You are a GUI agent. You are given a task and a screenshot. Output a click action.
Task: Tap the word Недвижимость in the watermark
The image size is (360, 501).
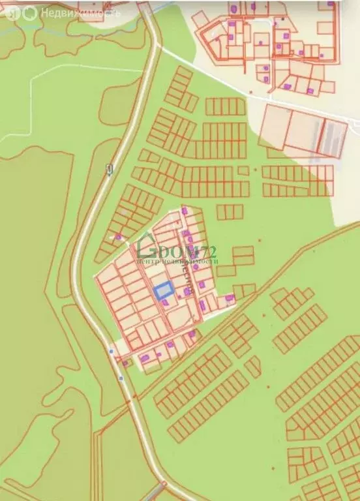(80, 12)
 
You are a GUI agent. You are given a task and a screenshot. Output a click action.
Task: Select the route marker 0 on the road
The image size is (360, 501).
(109, 170)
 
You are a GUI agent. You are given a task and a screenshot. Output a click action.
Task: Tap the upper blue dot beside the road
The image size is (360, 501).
(111, 352)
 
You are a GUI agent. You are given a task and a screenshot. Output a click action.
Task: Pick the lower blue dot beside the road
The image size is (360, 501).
(121, 378)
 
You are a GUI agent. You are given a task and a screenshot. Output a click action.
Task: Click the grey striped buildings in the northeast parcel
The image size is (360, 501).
(333, 138)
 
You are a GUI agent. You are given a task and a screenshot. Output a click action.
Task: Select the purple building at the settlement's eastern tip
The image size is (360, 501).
(230, 299)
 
